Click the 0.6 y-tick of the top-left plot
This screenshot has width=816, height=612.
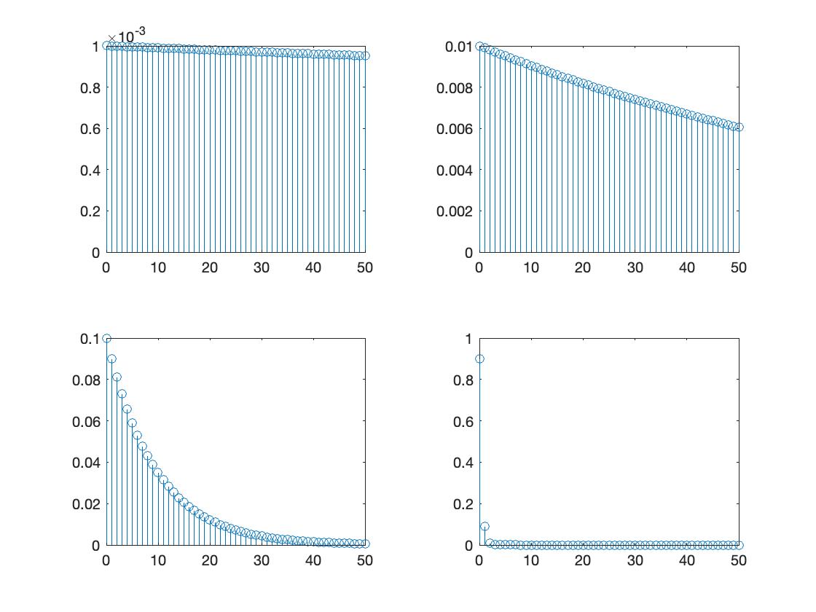click(90, 129)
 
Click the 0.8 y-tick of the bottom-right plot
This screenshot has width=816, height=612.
click(463, 380)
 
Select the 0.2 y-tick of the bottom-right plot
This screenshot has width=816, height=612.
click(463, 503)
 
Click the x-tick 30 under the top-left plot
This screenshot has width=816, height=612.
click(262, 268)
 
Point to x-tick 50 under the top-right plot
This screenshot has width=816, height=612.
click(739, 268)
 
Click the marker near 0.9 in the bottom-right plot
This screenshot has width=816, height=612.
click(479, 358)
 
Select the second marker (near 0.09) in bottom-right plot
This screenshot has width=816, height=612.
click(484, 526)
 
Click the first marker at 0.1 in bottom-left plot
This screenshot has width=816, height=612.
click(106, 338)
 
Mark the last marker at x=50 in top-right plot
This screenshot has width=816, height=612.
click(739, 127)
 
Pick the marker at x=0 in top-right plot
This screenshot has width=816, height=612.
click(479, 46)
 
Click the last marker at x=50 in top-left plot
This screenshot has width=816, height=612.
click(365, 55)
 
